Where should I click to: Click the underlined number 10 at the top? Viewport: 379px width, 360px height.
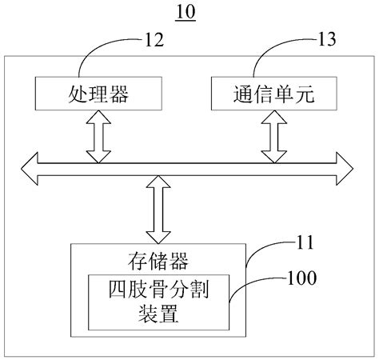184,13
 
